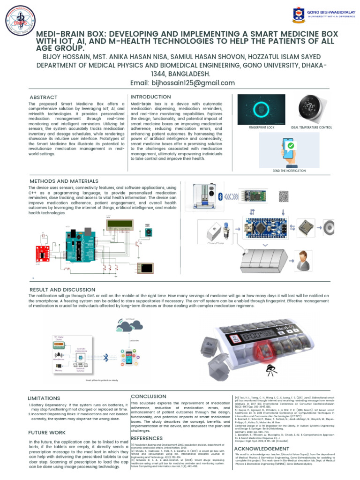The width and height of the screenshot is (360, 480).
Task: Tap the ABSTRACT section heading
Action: [x=43, y=97]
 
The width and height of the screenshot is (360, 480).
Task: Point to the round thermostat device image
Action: [x=311, y=108]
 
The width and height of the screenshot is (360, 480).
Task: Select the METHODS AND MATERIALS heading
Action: [x=64, y=181]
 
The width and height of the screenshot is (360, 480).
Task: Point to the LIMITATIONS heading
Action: [x=44, y=398]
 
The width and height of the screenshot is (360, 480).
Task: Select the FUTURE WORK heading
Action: [x=47, y=432]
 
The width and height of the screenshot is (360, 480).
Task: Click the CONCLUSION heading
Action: [x=148, y=396]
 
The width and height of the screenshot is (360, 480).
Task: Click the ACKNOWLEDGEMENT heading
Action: [x=262, y=449]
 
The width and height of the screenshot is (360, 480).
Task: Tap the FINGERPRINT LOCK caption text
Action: [x=262, y=127]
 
